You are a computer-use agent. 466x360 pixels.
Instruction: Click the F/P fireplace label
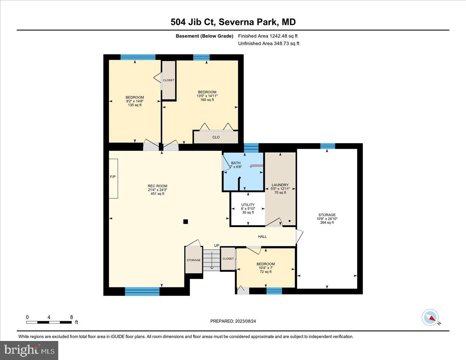pos(113,177)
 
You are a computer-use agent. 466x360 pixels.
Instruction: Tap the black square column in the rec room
pos(186,222)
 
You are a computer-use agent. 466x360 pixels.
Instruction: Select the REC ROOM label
pos(157,186)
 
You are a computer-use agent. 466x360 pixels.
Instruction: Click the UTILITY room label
pos(248,205)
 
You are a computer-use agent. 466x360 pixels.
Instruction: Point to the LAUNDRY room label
pos(280,185)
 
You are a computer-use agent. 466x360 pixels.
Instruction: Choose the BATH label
pos(236,163)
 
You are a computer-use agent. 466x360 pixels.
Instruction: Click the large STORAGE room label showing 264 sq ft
pos(327,215)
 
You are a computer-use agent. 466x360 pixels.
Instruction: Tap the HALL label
pos(263,237)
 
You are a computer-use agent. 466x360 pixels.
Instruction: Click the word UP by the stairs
pos(217,245)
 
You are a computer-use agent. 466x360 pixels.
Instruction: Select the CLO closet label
pos(216,137)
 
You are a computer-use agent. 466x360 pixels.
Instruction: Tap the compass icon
pos(430,317)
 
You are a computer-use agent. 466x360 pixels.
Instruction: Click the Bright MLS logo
pos(30,350)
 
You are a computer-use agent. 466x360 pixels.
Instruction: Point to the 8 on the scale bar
pos(71,317)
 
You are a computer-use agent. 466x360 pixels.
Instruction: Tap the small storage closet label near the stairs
pos(193,260)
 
